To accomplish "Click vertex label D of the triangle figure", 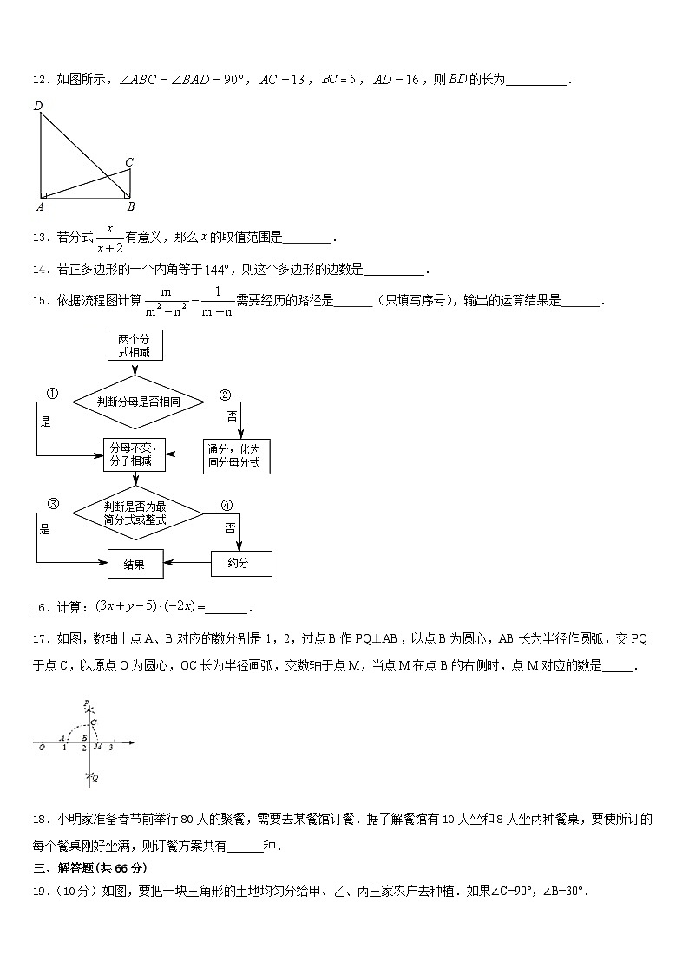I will (x=38, y=106).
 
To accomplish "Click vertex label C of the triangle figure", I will (x=129, y=161).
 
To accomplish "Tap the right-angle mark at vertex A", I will (x=44, y=196).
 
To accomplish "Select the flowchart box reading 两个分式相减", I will (x=135, y=345).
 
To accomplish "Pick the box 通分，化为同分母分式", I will (x=237, y=456).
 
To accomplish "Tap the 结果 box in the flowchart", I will (x=135, y=564).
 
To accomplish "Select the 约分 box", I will (x=241, y=564).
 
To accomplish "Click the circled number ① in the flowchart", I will (x=52, y=395).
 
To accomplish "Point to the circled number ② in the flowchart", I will (x=225, y=395).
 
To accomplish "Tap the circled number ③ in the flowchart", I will (x=52, y=504).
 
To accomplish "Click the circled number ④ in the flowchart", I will (x=226, y=505).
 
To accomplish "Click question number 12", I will (x=40, y=81).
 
